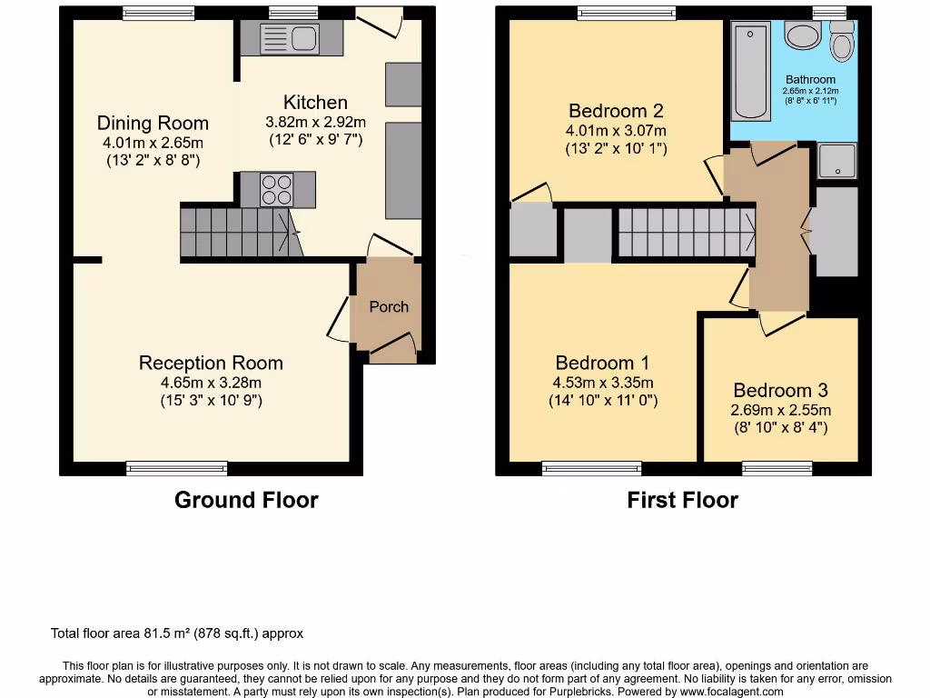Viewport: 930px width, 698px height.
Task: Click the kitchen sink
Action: tap(289, 39)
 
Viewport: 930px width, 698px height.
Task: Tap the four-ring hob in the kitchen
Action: tap(276, 189)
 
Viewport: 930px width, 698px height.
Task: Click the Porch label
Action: tap(389, 307)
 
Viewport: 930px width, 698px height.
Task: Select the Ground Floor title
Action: tap(246, 500)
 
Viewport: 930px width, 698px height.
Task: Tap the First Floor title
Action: tap(682, 500)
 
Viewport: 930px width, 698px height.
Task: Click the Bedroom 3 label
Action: tap(780, 390)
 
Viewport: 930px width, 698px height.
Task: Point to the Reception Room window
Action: tap(177, 468)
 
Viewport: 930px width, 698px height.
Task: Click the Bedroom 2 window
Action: tap(627, 13)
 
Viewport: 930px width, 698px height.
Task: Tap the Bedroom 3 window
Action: tap(764, 468)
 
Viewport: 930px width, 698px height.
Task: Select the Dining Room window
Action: tap(158, 13)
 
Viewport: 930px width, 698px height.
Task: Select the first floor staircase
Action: tap(686, 232)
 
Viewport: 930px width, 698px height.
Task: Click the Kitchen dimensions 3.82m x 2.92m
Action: tap(315, 122)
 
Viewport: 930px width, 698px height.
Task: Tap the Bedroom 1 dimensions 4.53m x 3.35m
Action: tap(603, 383)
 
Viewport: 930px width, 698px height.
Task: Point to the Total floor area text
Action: tap(176, 633)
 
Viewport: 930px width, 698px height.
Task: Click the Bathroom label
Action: tap(810, 80)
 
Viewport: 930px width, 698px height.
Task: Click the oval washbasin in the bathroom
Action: tap(802, 35)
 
